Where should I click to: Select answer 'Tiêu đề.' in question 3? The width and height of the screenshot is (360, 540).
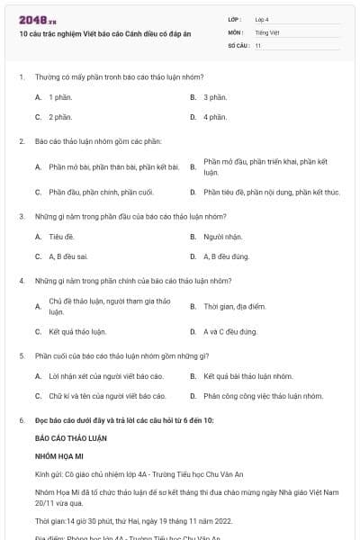(x=62, y=237)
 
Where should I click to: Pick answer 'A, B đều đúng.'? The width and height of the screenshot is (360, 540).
(x=226, y=256)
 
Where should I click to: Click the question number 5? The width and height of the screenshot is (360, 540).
(x=22, y=355)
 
